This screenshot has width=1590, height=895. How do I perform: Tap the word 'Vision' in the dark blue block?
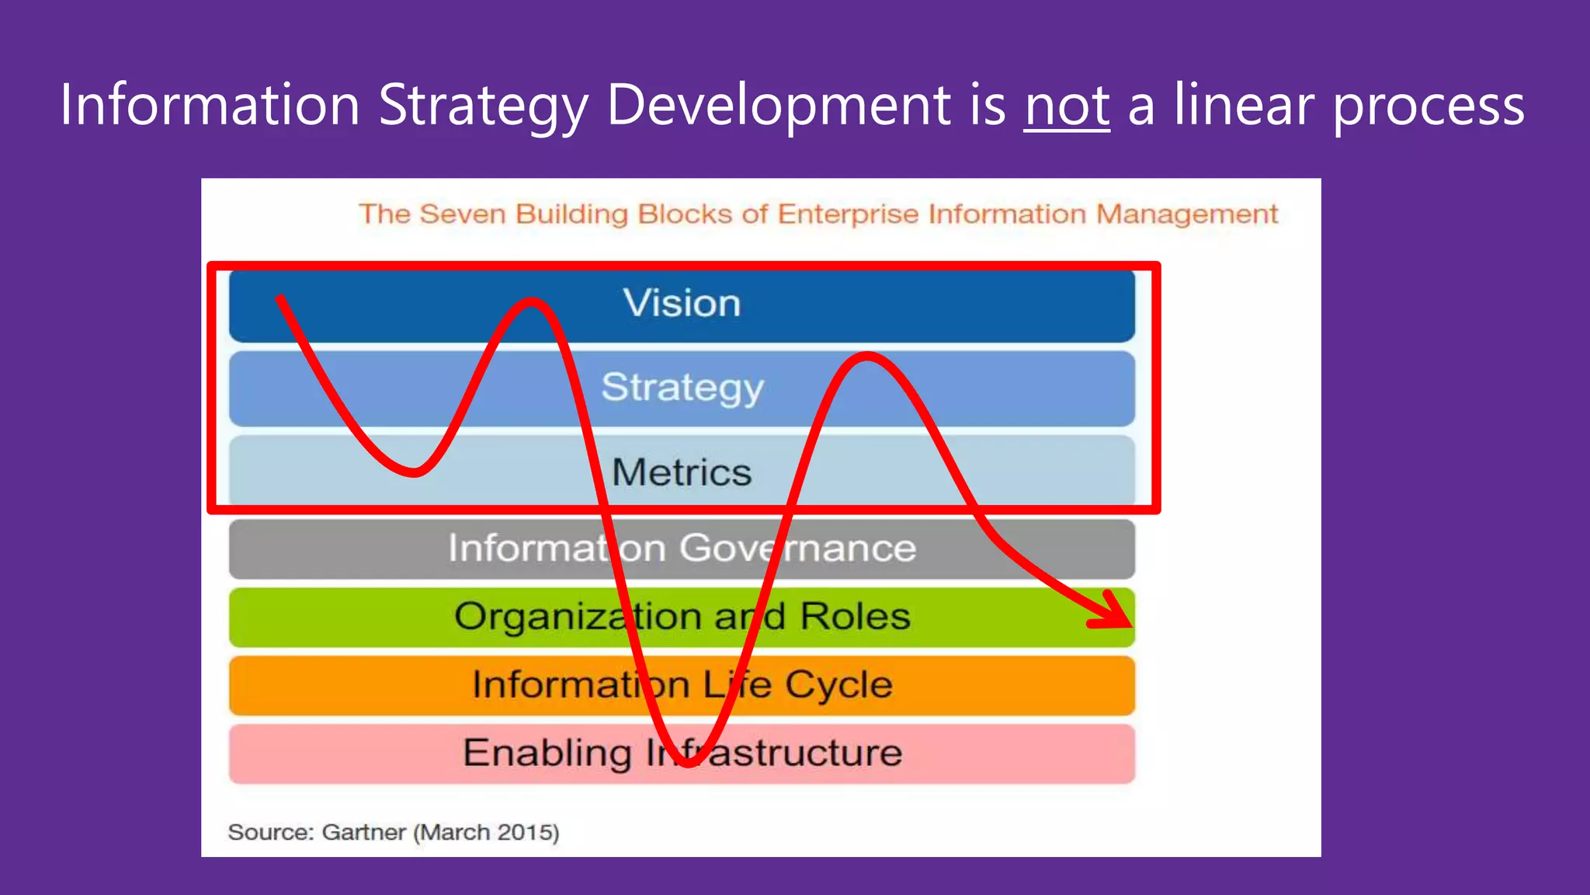[682, 303]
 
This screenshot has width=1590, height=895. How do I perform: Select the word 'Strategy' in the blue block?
[682, 388]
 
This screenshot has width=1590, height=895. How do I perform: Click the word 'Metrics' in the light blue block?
[682, 472]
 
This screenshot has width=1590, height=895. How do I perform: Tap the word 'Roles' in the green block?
[855, 617]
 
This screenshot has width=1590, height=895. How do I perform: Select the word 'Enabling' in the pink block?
[547, 753]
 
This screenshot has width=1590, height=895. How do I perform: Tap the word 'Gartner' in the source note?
[363, 833]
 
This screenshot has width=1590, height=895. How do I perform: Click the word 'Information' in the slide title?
[210, 105]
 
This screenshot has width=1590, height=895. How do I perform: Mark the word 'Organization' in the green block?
[578, 617]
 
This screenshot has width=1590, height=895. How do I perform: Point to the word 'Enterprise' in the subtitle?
[848, 214]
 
